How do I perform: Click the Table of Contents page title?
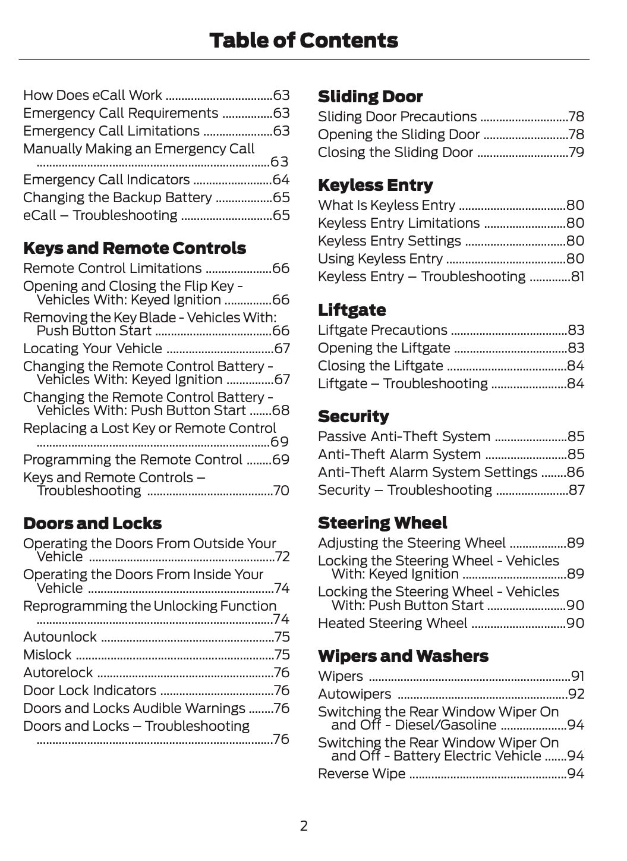(x=304, y=40)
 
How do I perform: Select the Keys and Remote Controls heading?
(x=134, y=248)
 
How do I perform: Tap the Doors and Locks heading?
(x=92, y=523)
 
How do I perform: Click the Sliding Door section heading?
(x=370, y=96)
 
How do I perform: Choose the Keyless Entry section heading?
(x=375, y=185)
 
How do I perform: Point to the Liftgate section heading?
(x=352, y=310)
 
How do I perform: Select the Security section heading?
(x=353, y=416)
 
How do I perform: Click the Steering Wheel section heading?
(x=382, y=523)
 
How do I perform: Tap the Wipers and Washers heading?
(x=403, y=656)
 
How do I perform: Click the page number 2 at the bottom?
(x=304, y=825)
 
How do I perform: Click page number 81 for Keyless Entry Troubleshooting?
(x=577, y=276)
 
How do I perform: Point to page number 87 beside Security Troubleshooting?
(x=576, y=490)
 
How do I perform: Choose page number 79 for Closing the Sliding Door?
(x=576, y=152)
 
